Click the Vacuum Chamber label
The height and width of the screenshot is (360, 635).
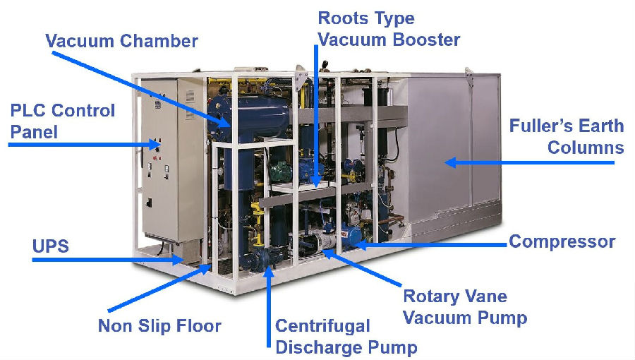[x=121, y=41]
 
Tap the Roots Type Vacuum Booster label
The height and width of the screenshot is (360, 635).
[x=389, y=29]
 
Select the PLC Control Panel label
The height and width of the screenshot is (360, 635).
[x=63, y=121]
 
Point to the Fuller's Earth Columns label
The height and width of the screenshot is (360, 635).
[x=566, y=136]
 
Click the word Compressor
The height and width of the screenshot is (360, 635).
[x=562, y=241]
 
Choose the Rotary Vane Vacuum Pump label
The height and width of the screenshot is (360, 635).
[x=465, y=307]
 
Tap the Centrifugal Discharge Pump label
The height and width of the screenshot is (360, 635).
[x=346, y=337]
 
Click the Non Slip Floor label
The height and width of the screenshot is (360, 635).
[x=159, y=325]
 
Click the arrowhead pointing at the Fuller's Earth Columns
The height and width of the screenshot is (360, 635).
[x=450, y=162]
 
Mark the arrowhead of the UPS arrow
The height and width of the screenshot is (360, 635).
[x=179, y=260]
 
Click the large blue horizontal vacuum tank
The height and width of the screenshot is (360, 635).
[x=248, y=116]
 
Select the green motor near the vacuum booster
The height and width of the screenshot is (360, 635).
[x=281, y=172]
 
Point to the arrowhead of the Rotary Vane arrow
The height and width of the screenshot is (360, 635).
[x=328, y=253]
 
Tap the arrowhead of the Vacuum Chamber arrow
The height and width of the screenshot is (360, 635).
[x=224, y=121]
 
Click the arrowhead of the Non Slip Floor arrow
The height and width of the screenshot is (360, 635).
[x=206, y=268]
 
